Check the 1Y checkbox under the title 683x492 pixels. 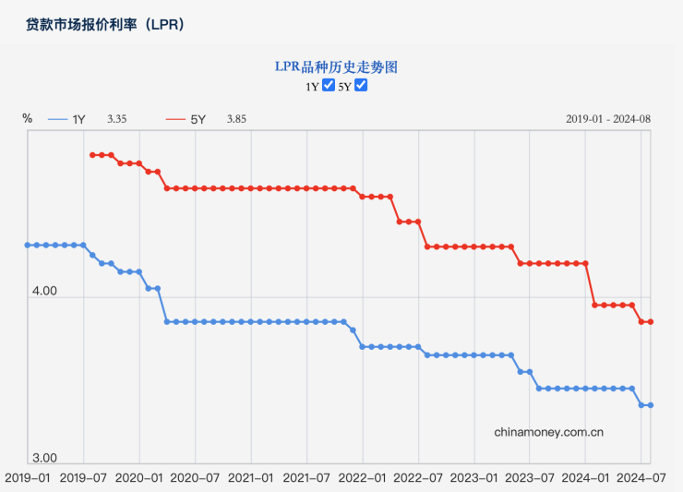tap(328, 86)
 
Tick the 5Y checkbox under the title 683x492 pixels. tap(362, 86)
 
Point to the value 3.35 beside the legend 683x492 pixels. tap(116, 119)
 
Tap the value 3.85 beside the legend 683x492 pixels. tap(236, 119)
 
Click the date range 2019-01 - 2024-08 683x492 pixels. tap(608, 119)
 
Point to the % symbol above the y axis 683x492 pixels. tap(28, 118)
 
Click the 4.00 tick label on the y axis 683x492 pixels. tap(44, 292)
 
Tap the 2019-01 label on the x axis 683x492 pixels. tap(28, 478)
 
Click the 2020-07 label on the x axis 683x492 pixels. tap(195, 478)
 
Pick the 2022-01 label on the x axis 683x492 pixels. tap(363, 478)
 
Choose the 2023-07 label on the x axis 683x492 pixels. tap(530, 478)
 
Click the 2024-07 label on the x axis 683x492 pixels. tap(641, 478)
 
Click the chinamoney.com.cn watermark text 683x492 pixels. tap(548, 431)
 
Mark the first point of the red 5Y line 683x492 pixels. tap(92, 155)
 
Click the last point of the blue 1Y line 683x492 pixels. tap(651, 405)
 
